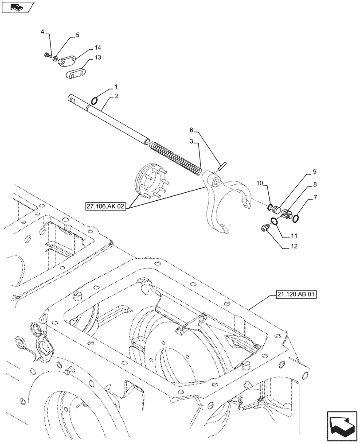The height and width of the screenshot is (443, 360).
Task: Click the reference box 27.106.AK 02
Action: (106, 206)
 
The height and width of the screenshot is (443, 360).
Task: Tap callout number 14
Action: (98, 47)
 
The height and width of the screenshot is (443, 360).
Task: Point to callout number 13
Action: (97, 58)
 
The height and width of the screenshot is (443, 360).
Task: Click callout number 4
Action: (43, 32)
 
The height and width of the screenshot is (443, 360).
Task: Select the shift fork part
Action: (222, 199)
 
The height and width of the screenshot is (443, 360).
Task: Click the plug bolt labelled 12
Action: (265, 228)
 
